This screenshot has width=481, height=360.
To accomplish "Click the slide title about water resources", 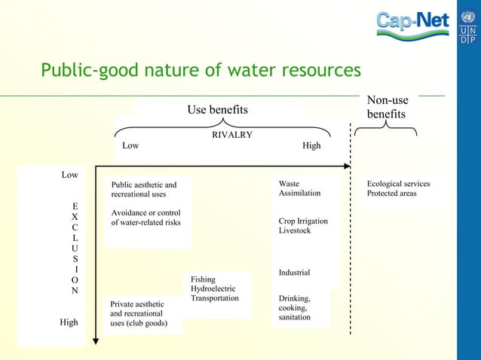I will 201,71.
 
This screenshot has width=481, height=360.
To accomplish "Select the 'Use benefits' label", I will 217,110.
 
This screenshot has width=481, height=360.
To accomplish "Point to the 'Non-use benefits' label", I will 387,108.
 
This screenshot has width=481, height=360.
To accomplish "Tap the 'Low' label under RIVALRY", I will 130,145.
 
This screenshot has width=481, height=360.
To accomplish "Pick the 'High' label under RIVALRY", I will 311,145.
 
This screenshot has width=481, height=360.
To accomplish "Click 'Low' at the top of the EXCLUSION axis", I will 69,175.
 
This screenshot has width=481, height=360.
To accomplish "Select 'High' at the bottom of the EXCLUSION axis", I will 69,322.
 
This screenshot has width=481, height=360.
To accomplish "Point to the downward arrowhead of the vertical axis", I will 96,341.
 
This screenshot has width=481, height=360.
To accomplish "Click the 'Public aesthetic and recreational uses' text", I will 144,189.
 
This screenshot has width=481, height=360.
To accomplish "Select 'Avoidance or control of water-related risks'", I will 146,217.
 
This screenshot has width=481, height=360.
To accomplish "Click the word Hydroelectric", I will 213,288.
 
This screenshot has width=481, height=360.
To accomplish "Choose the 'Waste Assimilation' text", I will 299,188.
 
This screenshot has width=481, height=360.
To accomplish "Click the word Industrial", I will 294,273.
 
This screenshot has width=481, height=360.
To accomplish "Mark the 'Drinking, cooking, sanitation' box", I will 295,307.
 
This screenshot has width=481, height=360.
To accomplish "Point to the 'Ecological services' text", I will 398,184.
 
